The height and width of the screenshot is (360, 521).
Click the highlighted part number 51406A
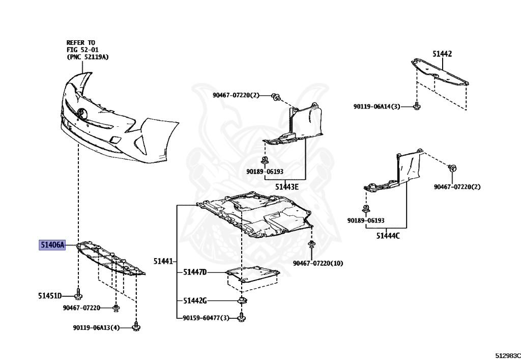pyautogui.click(x=53, y=245)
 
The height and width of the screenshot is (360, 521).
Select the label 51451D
pyautogui.click(x=49, y=296)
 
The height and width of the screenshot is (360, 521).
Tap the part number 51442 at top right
pyautogui.click(x=442, y=53)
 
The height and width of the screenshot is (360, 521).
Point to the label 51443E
pyautogui.click(x=287, y=187)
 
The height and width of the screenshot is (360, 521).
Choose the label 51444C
pyautogui.click(x=388, y=235)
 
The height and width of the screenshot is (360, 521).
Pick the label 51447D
pyautogui.click(x=195, y=272)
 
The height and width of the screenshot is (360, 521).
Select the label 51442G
pyautogui.click(x=195, y=300)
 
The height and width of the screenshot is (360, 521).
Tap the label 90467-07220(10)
pyautogui.click(x=318, y=263)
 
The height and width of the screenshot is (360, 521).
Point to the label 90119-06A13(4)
pyautogui.click(x=96, y=327)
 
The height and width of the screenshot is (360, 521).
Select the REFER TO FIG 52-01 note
pyautogui.click(x=87, y=50)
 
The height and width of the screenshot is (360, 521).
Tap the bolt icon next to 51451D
pyautogui.click(x=78, y=295)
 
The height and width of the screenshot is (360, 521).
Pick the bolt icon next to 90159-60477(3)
pyautogui.click(x=241, y=318)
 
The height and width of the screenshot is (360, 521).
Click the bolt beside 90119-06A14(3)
pyautogui.click(x=417, y=106)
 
